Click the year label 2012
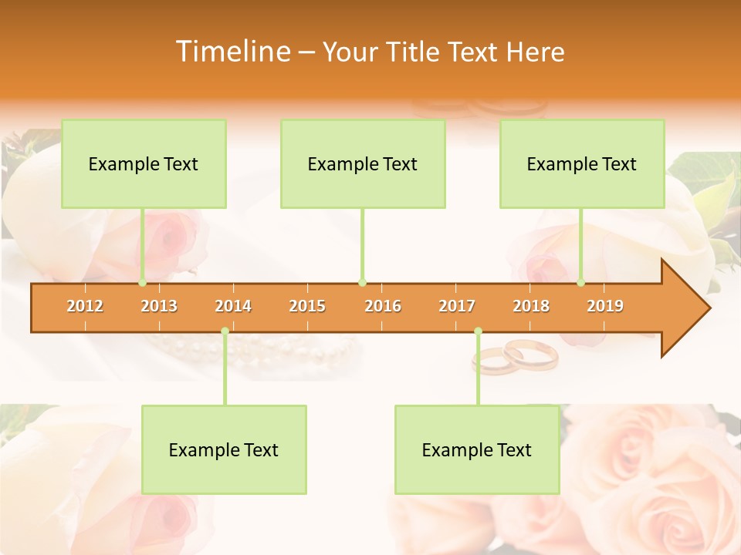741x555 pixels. coord(85,306)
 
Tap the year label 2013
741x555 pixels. coord(159,306)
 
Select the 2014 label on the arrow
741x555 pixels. coord(233,306)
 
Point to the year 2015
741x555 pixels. coord(307,306)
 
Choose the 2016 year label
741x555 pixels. coord(383,306)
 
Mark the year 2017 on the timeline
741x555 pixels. coord(457,306)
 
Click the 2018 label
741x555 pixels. coord(531,306)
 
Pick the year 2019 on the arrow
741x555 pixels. coord(605,306)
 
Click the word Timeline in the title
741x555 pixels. coord(232,52)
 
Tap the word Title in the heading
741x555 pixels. coord(414,52)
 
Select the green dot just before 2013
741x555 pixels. coord(142,282)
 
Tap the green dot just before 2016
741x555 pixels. coord(362,282)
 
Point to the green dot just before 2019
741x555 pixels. coord(581,282)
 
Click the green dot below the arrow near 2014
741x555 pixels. coord(225,331)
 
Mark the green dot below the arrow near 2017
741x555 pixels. coord(478,331)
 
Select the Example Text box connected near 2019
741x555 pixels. coord(582,163)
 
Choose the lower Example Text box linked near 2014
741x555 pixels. coord(224,449)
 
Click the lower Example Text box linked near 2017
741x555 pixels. coord(477,449)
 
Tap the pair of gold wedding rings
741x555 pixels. coord(516,355)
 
